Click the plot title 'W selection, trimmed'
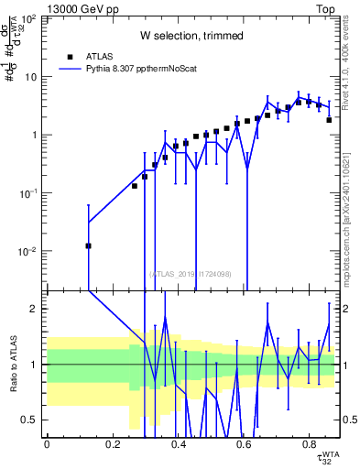[x=191, y=36]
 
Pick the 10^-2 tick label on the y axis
[x=27, y=251]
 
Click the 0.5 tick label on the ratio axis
[x=30, y=420]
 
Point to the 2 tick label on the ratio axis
[x=36, y=309]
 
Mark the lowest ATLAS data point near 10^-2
[x=89, y=245]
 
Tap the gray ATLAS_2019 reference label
[x=191, y=272]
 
